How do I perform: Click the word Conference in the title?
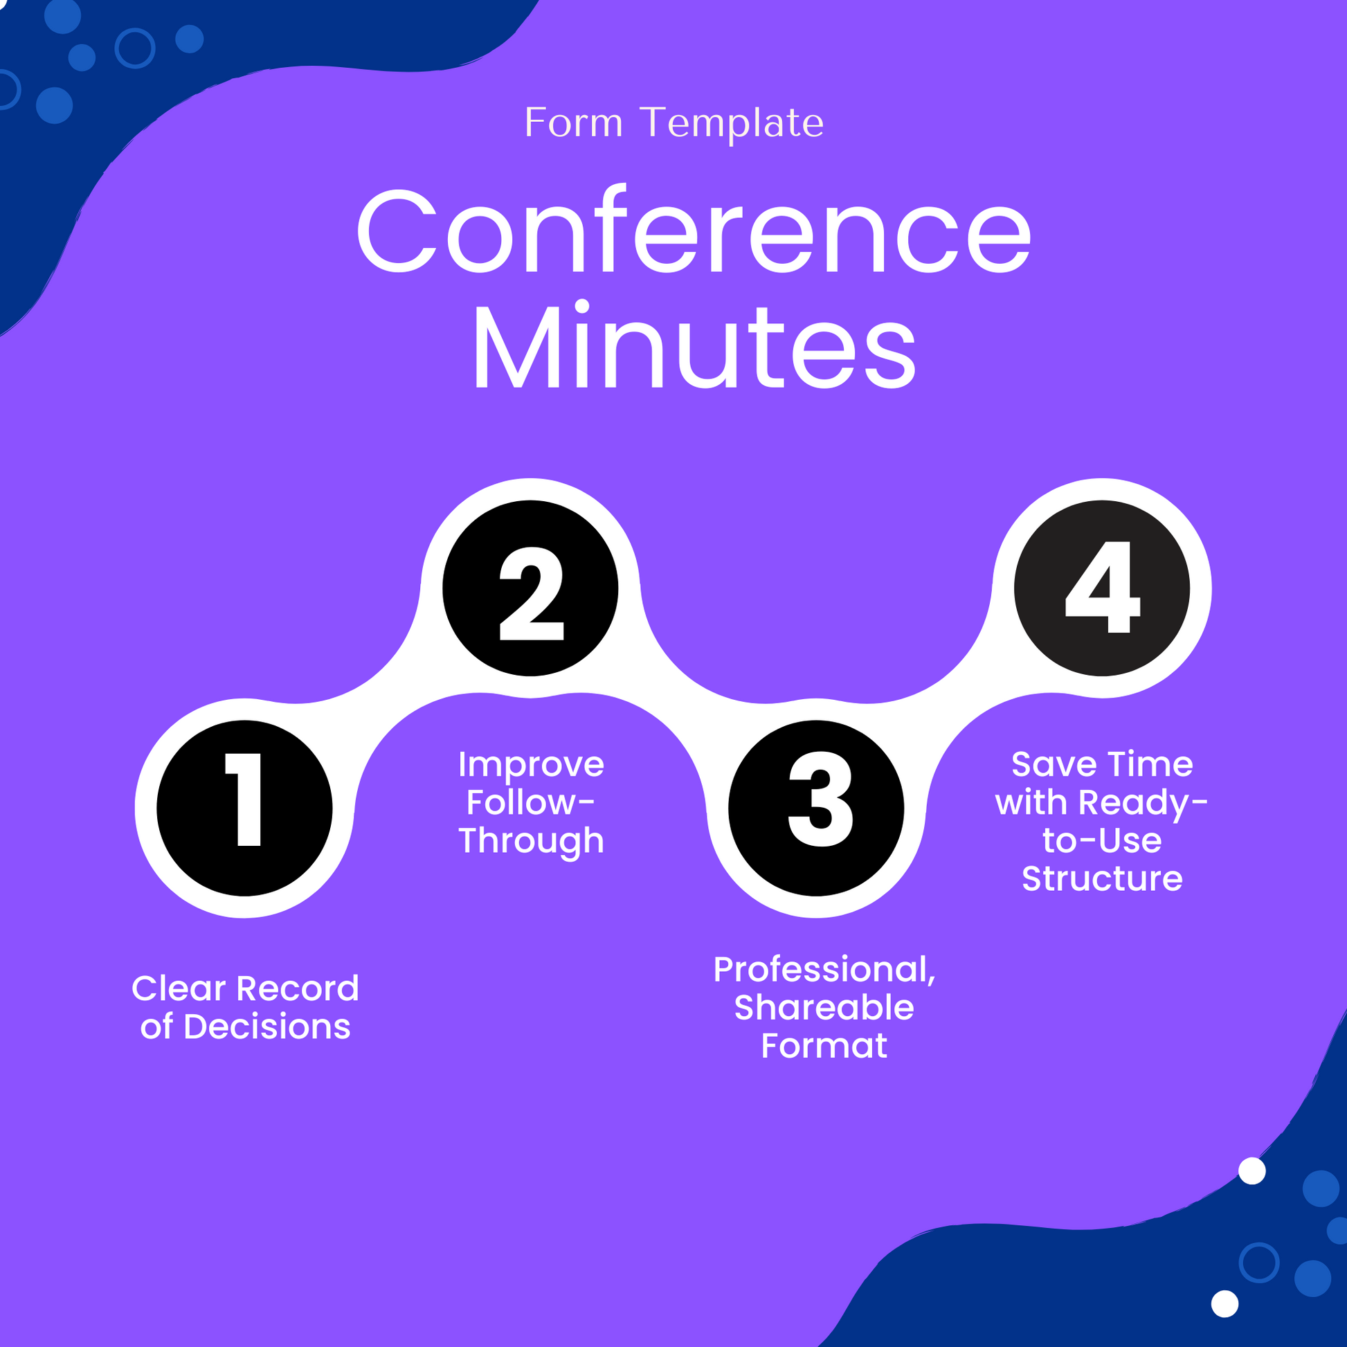tap(693, 232)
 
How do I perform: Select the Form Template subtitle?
tap(673, 123)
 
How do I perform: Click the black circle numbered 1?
tap(244, 808)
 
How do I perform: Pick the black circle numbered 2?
tap(530, 588)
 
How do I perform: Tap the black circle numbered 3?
tap(815, 808)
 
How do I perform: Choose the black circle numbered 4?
tap(1101, 588)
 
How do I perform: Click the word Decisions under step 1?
tap(266, 1027)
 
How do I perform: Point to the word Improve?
tap(531, 765)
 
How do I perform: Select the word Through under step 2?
tap(531, 841)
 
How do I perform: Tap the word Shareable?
tap(824, 1008)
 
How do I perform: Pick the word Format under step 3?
tap(824, 1046)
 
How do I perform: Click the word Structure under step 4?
tap(1101, 878)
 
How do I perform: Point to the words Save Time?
tap(1101, 765)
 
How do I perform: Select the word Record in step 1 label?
tap(298, 988)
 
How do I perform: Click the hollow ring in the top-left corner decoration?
tap(134, 48)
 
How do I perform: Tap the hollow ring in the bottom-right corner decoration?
tap(1259, 1262)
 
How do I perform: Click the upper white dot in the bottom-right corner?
tap(1251, 1170)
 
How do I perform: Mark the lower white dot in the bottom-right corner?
tap(1224, 1303)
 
